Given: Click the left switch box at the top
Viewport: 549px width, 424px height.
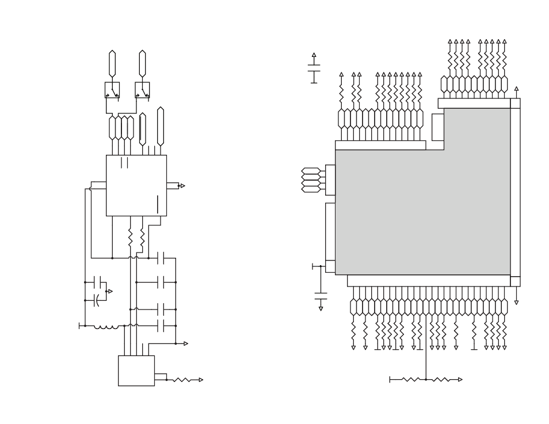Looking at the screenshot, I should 112,90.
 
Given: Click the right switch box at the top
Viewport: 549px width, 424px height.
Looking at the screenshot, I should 142,90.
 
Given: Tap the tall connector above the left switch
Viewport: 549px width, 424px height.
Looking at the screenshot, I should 112,63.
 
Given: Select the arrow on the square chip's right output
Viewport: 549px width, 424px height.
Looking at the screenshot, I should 182,186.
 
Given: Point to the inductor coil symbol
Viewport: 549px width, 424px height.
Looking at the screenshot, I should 106,327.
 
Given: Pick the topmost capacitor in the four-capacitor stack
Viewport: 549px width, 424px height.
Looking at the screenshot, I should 161,258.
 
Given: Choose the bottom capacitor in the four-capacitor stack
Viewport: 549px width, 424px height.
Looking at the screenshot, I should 161,326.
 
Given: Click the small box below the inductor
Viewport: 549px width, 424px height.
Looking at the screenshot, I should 136,370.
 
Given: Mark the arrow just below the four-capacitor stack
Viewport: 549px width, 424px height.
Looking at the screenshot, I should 185,343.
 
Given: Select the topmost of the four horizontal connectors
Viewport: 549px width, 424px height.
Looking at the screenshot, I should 311,171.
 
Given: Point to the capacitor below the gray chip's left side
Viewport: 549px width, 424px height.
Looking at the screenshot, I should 321,296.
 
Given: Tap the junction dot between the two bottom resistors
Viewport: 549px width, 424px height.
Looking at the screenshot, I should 426,380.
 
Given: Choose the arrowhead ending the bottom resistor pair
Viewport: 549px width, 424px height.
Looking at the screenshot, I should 460,380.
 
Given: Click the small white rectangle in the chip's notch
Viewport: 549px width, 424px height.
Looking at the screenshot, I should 437,127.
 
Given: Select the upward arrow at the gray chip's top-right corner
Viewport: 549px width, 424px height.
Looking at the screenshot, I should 516,89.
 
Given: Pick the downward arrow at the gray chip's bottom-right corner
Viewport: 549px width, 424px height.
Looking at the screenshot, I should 516,302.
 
